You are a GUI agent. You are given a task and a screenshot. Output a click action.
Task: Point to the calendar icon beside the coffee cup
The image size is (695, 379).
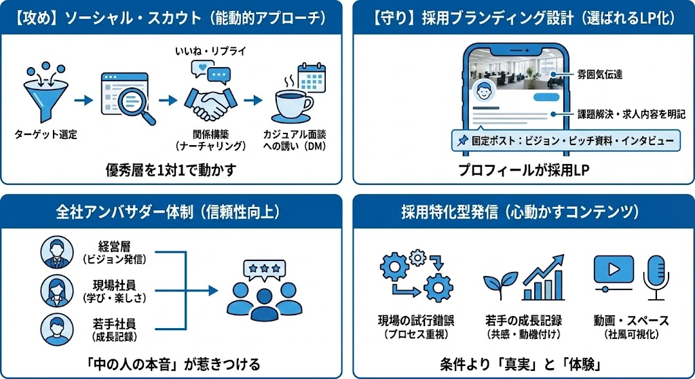tap(312, 78)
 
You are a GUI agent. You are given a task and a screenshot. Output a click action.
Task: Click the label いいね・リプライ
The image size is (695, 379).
tap(210, 52)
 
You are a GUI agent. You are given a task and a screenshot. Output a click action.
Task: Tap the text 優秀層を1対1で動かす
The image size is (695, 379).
tap(171, 169)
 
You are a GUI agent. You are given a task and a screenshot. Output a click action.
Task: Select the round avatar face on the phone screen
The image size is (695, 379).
tap(483, 92)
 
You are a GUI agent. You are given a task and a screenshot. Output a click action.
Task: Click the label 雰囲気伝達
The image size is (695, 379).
tap(600, 75)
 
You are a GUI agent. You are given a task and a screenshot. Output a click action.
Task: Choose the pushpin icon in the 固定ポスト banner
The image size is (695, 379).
tap(462, 141)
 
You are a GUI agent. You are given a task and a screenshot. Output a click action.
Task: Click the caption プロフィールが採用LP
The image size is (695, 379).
tap(523, 170)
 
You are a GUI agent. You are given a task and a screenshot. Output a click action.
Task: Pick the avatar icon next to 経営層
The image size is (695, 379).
tap(57, 252)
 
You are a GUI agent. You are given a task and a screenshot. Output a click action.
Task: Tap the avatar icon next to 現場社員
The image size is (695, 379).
tap(57, 291)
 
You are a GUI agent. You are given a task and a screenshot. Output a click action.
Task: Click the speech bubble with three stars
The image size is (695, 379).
tap(264, 270)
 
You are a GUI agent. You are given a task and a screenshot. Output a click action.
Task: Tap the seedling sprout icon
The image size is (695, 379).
tap(500, 285)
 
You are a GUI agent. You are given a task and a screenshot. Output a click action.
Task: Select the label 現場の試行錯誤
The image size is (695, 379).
tap(416, 321)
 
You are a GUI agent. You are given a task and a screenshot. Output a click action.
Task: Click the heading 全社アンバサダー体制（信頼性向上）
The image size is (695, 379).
tap(170, 212)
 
